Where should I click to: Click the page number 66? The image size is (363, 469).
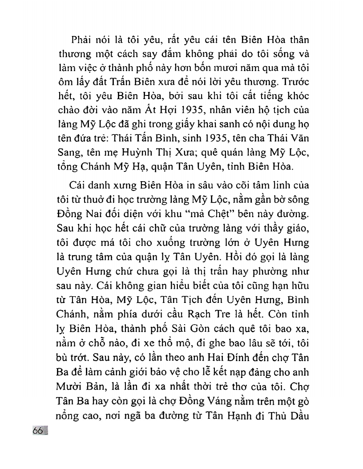(x=38, y=431)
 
